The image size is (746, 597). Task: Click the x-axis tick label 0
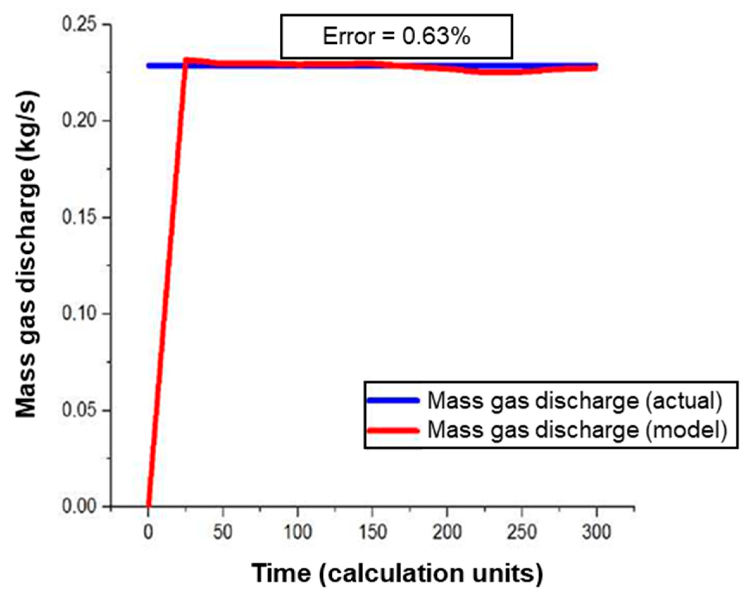[148, 532]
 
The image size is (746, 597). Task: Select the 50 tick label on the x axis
[223, 532]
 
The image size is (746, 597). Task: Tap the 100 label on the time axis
[298, 532]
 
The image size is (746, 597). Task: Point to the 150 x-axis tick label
[372, 532]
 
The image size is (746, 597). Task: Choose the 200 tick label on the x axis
[447, 532]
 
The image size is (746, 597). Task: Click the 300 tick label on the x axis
[597, 532]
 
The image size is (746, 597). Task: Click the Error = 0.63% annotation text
[397, 36]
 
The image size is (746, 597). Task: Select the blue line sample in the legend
[393, 401]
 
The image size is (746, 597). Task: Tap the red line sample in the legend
[393, 430]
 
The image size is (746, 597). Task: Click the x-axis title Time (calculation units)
[397, 573]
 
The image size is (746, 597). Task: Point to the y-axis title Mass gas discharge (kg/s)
[27, 255]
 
